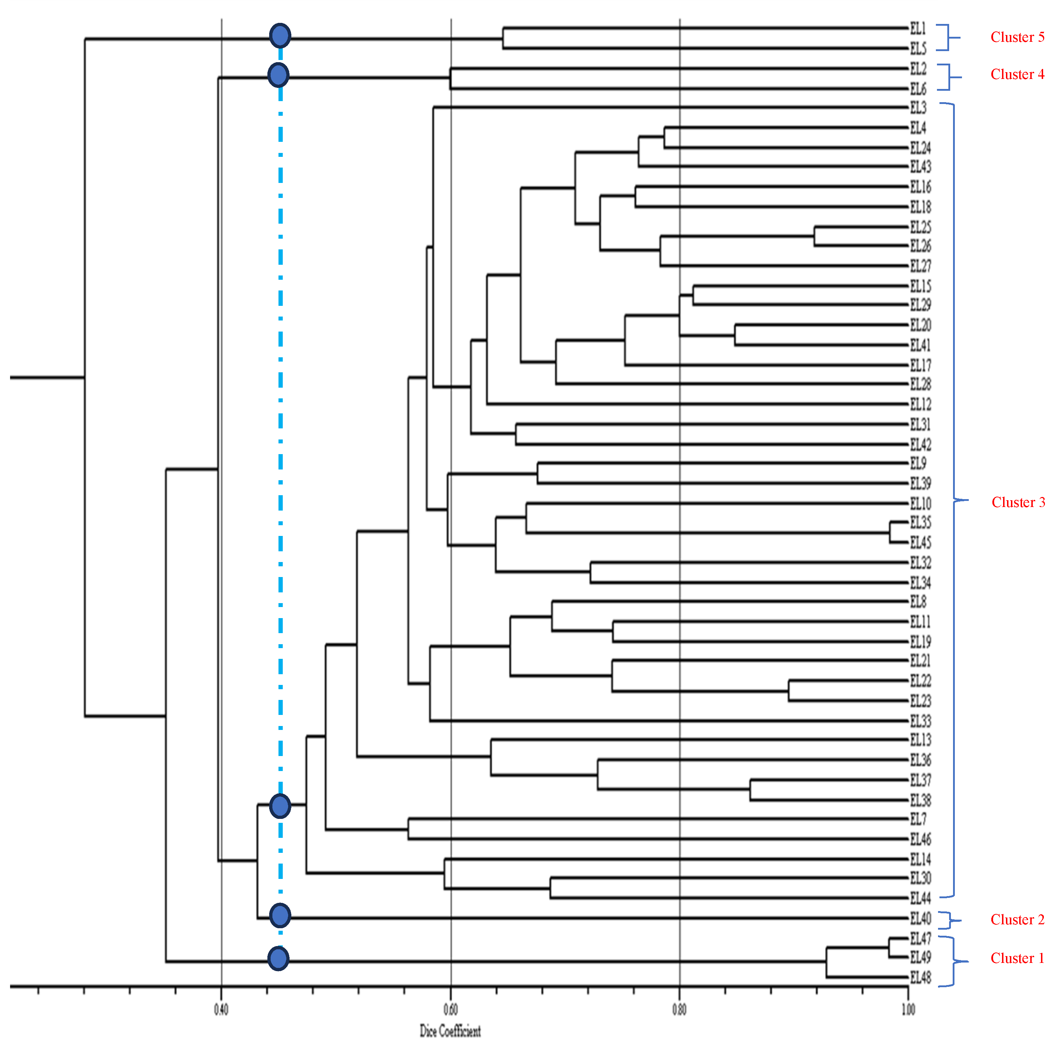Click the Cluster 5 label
[1017, 37]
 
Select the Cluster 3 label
[1018, 502]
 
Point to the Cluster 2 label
[1017, 920]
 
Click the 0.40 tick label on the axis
[221, 1009]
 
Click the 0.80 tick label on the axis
[679, 1009]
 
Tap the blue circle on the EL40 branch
[280, 915]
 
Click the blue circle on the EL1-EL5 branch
[280, 36]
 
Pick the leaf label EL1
[917, 28]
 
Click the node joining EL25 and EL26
[814, 237]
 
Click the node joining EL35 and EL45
[890, 532]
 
